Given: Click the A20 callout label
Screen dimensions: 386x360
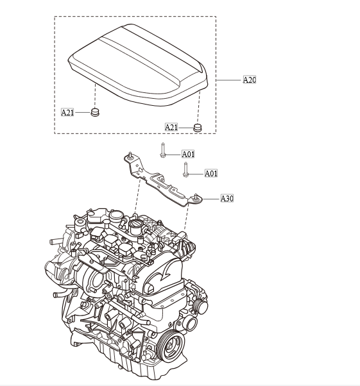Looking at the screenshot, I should pyautogui.click(x=250, y=80).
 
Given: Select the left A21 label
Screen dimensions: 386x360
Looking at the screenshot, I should pyautogui.click(x=67, y=112).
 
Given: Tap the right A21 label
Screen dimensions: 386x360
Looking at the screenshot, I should pyautogui.click(x=171, y=128).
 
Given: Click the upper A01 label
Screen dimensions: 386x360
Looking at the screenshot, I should pyautogui.click(x=188, y=154).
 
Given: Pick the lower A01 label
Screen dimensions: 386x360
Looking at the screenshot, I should pyautogui.click(x=211, y=173).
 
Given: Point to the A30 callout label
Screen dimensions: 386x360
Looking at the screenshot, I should pyautogui.click(x=227, y=199).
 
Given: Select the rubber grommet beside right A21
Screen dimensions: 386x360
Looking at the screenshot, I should pyautogui.click(x=198, y=128).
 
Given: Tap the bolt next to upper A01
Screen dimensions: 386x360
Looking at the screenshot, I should pyautogui.click(x=163, y=151).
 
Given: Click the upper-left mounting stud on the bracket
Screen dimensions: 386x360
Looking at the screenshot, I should pyautogui.click(x=130, y=155).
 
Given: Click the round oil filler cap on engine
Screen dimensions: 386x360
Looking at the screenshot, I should pyautogui.click(x=138, y=228).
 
